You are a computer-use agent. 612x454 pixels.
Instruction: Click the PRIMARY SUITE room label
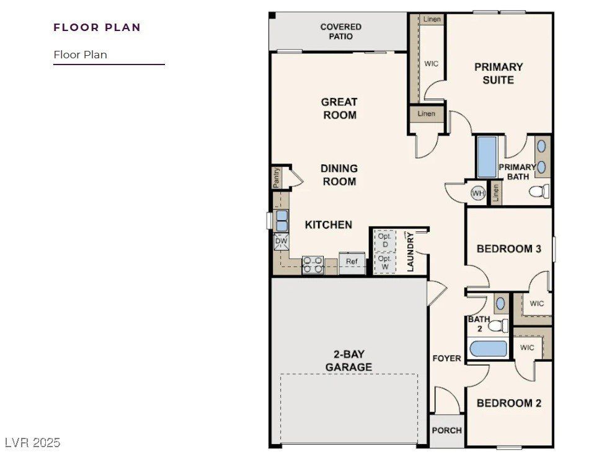coord(499,73)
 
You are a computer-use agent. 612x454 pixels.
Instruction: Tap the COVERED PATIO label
coord(340,32)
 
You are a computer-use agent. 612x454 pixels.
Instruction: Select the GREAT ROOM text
coord(339,109)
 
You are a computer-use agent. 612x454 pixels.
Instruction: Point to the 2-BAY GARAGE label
coord(348,360)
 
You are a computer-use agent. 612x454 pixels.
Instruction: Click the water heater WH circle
coord(477,194)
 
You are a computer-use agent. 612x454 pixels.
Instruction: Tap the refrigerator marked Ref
coord(352,261)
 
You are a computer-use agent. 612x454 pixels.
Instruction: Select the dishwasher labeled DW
coord(281,241)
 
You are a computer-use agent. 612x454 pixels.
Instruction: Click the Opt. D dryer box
coord(384,241)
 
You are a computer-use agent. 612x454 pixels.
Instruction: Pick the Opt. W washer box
coord(384,262)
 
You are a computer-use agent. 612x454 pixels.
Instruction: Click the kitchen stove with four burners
coord(313,265)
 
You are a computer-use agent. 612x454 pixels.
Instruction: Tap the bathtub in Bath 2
coord(487,348)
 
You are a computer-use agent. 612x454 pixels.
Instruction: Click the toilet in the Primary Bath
coord(539,191)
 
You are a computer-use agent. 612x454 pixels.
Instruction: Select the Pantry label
coord(277,177)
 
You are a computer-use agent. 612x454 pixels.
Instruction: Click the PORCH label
coord(446,430)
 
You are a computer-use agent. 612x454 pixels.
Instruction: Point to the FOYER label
coord(446,358)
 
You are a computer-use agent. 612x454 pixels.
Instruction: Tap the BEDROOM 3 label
coord(508,249)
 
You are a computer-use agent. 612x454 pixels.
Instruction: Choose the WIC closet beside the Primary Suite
coord(431,63)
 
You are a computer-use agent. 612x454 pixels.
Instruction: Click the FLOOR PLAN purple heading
coord(97,27)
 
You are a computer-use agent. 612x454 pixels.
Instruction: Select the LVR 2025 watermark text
coord(32,442)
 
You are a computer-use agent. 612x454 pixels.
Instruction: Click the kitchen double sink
coord(282,220)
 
